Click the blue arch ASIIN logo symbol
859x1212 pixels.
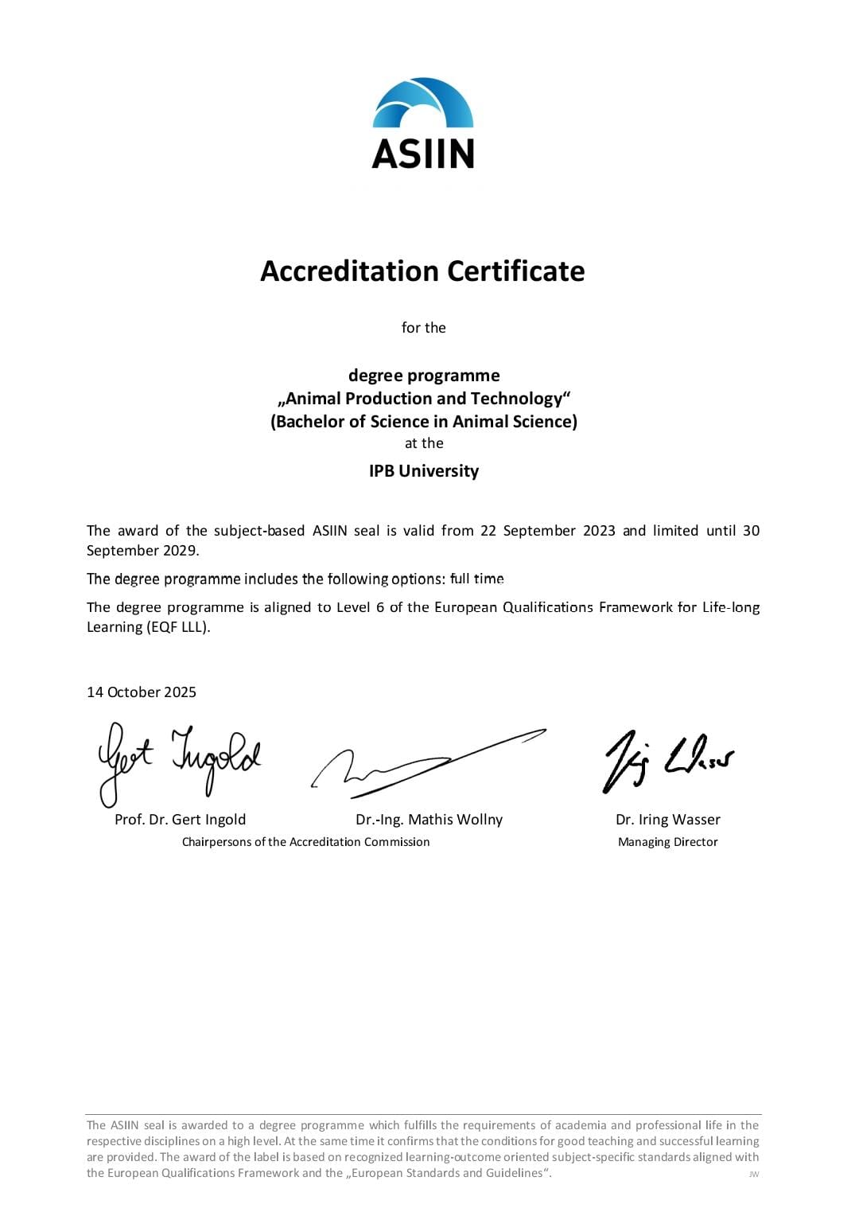point(423,103)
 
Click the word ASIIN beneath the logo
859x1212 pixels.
point(423,154)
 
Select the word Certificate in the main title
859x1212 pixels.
point(515,271)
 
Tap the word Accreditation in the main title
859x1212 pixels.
point(349,271)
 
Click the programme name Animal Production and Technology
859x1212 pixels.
point(424,399)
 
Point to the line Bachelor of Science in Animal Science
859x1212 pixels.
point(424,422)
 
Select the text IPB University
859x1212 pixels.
point(424,471)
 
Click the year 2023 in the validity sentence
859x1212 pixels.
point(599,531)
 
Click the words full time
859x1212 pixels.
point(476,579)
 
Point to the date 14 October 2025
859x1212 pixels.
point(142,692)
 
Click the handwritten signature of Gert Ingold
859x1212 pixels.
point(178,760)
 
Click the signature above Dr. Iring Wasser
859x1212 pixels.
point(667,761)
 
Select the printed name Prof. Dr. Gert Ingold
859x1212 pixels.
point(181,820)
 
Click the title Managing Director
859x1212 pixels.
point(667,842)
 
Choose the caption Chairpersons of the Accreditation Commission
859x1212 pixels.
point(305,842)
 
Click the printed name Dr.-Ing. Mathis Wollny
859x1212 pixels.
point(429,820)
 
